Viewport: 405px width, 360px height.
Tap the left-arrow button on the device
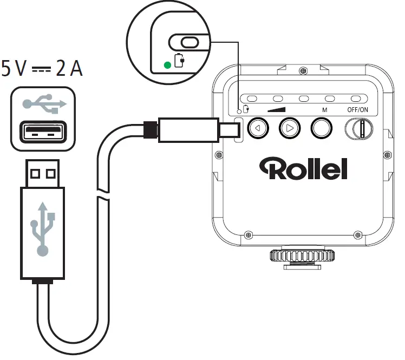pyautogui.click(x=258, y=129)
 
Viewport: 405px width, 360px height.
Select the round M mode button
pyautogui.click(x=321, y=129)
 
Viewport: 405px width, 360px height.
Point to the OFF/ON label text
pyautogui.click(x=358, y=109)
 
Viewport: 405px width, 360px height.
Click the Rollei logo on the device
pyautogui.click(x=303, y=168)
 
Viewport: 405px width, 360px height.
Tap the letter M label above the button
pyautogui.click(x=324, y=109)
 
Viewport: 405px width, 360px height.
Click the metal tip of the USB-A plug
pyautogui.click(x=43, y=174)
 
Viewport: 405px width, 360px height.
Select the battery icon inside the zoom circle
pyautogui.click(x=179, y=61)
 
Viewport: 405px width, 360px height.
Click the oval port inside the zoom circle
pyautogui.click(x=189, y=42)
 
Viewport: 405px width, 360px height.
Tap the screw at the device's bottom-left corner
pyautogui.click(x=249, y=235)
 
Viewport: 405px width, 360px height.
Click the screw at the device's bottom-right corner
pyautogui.click(x=357, y=235)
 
